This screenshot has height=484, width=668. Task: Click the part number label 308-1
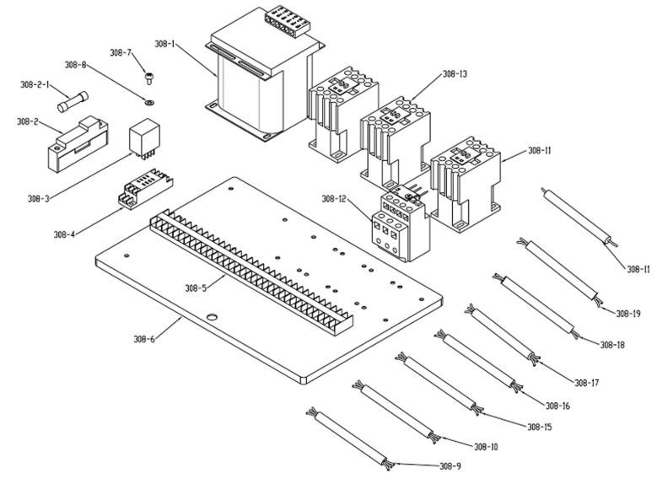pyautogui.click(x=164, y=43)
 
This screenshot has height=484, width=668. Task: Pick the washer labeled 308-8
pyautogui.click(x=148, y=102)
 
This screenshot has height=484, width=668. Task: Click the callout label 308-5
pyautogui.click(x=197, y=288)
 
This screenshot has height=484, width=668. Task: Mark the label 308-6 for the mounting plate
pyautogui.click(x=144, y=339)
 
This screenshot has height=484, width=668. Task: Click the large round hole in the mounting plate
pyautogui.click(x=212, y=318)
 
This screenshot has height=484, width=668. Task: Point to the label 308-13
pyautogui.click(x=454, y=74)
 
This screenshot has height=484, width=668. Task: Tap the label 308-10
pyautogui.click(x=486, y=446)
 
